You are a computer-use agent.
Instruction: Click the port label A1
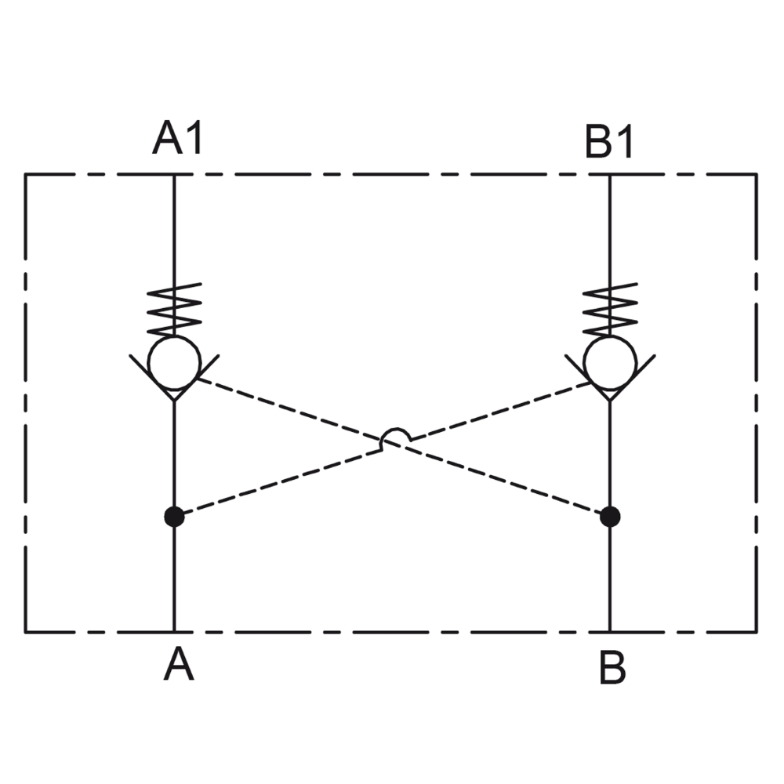(178, 139)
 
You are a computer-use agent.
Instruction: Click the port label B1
(609, 141)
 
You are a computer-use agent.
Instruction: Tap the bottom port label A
(179, 665)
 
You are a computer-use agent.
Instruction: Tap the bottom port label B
(612, 667)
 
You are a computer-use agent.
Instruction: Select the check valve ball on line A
(175, 362)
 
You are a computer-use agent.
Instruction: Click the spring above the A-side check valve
(175, 309)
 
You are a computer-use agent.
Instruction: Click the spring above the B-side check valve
(610, 309)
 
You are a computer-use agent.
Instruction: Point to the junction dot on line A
(174, 516)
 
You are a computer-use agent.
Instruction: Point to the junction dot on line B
(610, 516)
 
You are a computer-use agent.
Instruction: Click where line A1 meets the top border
(174, 175)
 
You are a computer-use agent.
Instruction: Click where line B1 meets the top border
(610, 175)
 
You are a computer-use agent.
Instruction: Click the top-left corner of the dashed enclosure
(26, 175)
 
